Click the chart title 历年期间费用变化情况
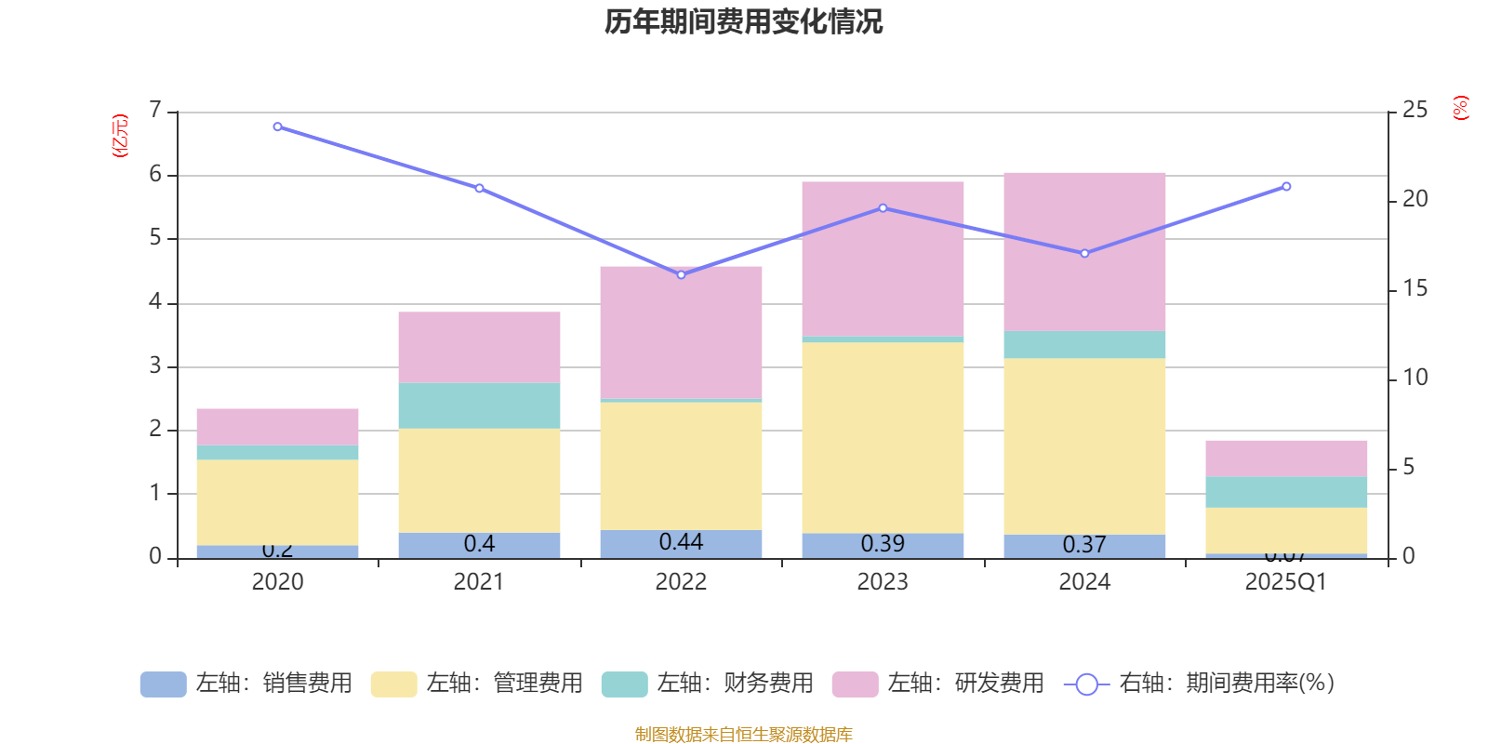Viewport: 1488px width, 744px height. [x=743, y=21]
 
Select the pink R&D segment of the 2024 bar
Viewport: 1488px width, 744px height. [x=1084, y=251]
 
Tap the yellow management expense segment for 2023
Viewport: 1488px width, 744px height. [x=883, y=437]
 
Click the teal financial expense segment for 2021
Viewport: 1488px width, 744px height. [x=479, y=405]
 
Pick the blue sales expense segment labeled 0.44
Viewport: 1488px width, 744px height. [x=681, y=544]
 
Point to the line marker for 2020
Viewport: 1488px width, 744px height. [x=277, y=126]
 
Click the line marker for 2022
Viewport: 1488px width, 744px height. [x=681, y=274]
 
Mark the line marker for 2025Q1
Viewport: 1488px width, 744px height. [x=1286, y=187]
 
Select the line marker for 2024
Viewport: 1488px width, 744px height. [x=1084, y=253]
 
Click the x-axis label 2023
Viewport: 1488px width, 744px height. [x=883, y=582]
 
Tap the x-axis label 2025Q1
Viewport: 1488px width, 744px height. [x=1286, y=582]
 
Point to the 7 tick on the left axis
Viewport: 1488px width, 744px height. [x=155, y=111]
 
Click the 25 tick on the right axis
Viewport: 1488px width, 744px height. [x=1415, y=111]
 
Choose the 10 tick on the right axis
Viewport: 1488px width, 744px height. [x=1415, y=378]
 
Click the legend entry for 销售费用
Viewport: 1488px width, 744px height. [x=246, y=684]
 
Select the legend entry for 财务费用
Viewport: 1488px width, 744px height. [x=708, y=684]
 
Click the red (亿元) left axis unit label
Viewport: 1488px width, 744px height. [x=120, y=136]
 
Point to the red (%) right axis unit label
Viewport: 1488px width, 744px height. [x=1460, y=108]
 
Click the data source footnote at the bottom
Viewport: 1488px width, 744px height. [x=743, y=735]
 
